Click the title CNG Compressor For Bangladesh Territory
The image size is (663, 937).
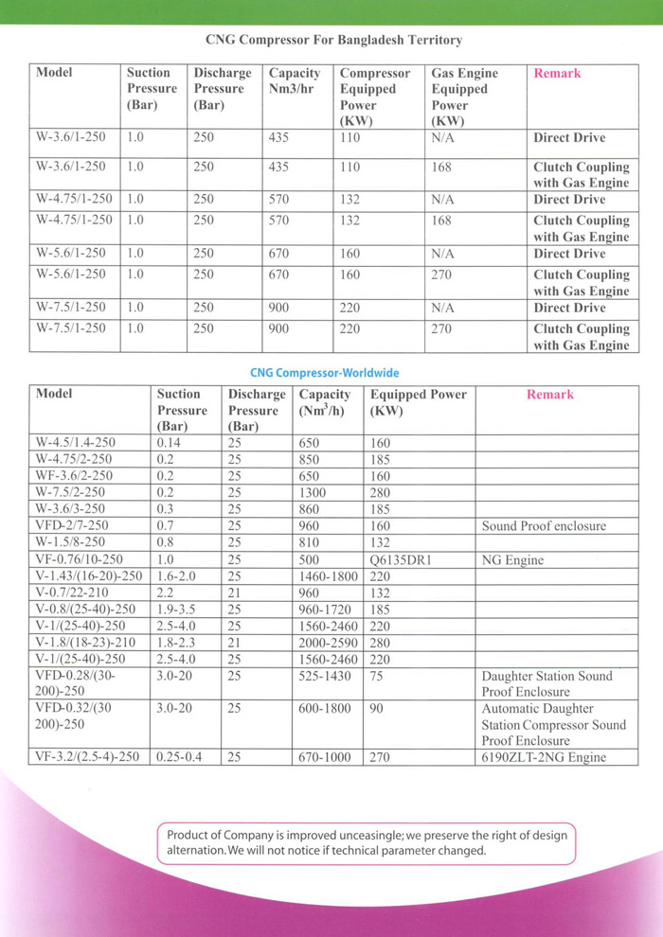[333, 41]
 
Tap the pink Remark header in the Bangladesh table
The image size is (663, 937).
[557, 73]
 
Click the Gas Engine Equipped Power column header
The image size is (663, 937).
[464, 97]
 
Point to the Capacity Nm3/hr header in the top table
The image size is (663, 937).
[295, 80]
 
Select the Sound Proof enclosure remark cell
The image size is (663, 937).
[544, 526]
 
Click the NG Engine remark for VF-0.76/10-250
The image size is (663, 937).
[512, 559]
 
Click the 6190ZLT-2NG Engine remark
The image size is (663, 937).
[544, 757]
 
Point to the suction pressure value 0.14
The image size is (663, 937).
[170, 442]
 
